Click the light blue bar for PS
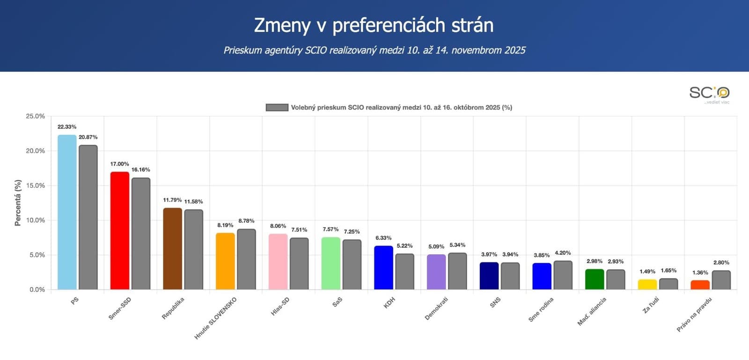pyautogui.click(x=67, y=212)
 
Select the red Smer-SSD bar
pyautogui.click(x=120, y=230)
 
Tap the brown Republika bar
pyautogui.click(x=172, y=249)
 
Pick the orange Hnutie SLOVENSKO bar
pyautogui.click(x=225, y=261)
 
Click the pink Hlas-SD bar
pyautogui.click(x=278, y=262)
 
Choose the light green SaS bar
pyautogui.click(x=330, y=263)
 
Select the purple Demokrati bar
pyautogui.click(x=436, y=272)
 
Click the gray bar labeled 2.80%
pyautogui.click(x=721, y=280)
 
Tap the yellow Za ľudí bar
pyautogui.click(x=647, y=284)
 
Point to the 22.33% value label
pyautogui.click(x=67, y=127)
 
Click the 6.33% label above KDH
pyautogui.click(x=383, y=238)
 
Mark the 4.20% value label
pyautogui.click(x=563, y=253)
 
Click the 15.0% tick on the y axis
pyautogui.click(x=36, y=185)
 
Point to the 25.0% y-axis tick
pyautogui.click(x=36, y=116)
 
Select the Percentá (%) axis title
pyautogui.click(x=18, y=203)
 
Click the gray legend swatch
pyautogui.click(x=277, y=107)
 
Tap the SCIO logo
pyautogui.click(x=709, y=94)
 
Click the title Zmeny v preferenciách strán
pyautogui.click(x=374, y=25)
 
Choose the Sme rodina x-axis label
pyautogui.click(x=541, y=309)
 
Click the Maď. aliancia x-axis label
pyautogui.click(x=592, y=311)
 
